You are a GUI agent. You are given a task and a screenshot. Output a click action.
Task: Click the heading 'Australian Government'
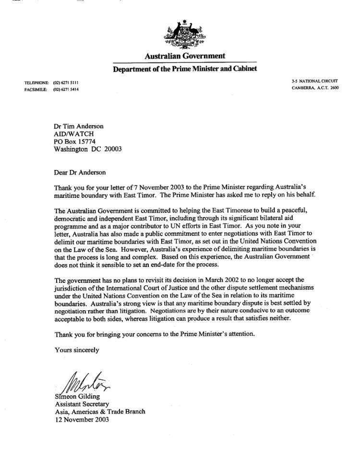click(185, 57)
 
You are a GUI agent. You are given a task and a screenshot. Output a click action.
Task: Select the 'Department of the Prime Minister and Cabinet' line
click(185, 69)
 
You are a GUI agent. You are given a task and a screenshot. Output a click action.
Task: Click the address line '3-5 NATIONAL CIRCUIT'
click(314, 81)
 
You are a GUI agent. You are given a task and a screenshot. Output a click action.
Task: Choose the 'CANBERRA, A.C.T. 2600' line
click(314, 88)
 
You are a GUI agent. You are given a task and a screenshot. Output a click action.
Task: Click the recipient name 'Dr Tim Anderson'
click(79, 126)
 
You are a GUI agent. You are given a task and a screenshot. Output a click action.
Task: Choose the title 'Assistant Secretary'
click(81, 404)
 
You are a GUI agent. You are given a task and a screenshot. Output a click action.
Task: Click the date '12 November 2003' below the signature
click(82, 419)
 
